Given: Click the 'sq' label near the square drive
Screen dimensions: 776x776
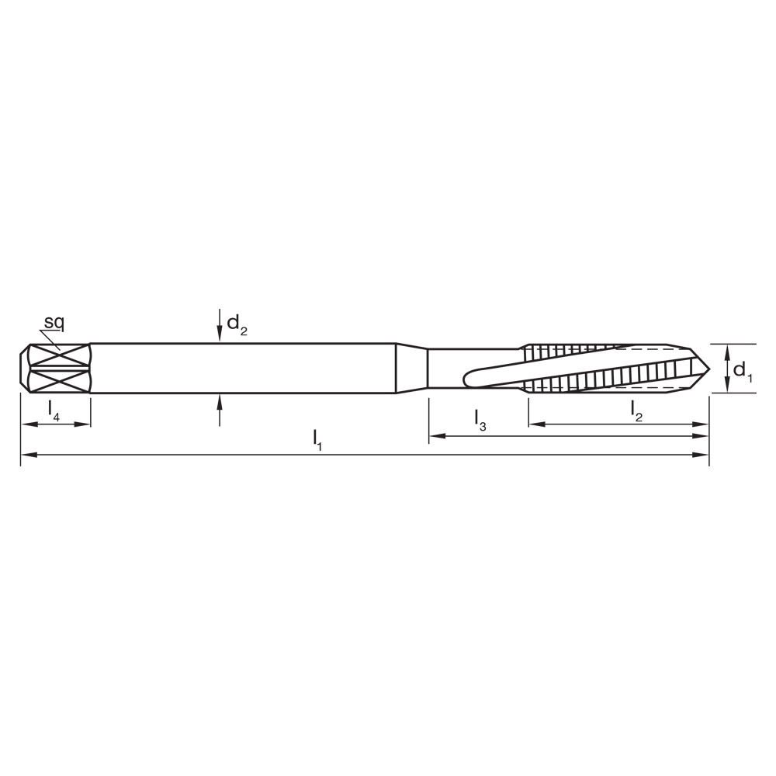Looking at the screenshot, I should click(54, 322).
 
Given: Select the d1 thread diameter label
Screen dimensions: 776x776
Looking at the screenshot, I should click(742, 371).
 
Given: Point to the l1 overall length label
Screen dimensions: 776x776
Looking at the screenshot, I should click(317, 439).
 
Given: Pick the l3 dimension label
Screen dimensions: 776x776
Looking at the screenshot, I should click(480, 420).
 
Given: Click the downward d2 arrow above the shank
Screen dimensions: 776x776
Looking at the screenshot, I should click(220, 335).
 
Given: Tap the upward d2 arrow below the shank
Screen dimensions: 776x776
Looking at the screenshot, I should click(220, 401).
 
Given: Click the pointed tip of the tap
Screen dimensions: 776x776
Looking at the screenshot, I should click(707, 368).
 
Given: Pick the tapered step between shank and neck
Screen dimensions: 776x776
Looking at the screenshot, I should click(411, 368).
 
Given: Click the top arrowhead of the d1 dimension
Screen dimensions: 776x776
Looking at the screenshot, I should click(726, 350).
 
